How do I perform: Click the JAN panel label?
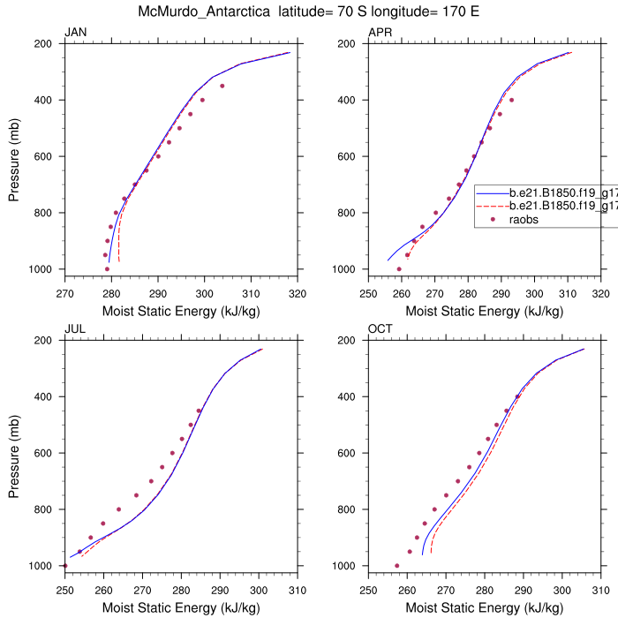76,33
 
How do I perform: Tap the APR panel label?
381,33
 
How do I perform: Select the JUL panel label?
75,329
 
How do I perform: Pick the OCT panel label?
381,329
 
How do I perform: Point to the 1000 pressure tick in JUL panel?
41,566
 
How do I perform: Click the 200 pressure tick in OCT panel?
348,340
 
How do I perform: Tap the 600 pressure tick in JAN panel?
44,156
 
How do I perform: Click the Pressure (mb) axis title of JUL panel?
14,453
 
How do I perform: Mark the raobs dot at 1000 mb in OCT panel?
396,566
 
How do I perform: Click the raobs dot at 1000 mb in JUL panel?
65,566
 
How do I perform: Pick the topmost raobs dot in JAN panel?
222,86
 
